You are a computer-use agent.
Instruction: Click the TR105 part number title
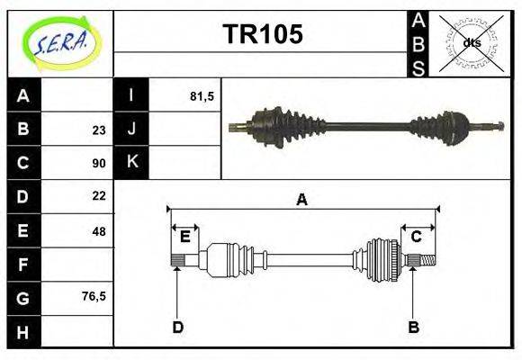pyautogui.click(x=262, y=34)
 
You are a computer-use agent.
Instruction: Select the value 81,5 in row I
pyautogui.click(x=202, y=95)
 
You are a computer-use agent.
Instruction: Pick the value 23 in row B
pyautogui.click(x=98, y=130)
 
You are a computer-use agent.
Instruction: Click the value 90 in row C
pyautogui.click(x=98, y=163)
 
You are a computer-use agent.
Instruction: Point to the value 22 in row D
pyautogui.click(x=98, y=195)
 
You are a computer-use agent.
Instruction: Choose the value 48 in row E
pyautogui.click(x=98, y=230)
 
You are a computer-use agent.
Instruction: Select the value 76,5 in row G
pyautogui.click(x=94, y=294)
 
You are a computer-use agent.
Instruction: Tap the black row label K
pyautogui.click(x=131, y=162)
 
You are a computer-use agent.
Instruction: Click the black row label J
pyautogui.click(x=131, y=129)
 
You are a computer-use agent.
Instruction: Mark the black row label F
pyautogui.click(x=23, y=264)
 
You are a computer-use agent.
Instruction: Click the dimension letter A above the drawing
pyautogui.click(x=302, y=200)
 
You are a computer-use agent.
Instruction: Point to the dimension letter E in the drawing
pyautogui.click(x=184, y=237)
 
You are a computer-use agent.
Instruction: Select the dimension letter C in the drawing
pyautogui.click(x=416, y=237)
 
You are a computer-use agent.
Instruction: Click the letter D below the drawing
pyautogui.click(x=177, y=327)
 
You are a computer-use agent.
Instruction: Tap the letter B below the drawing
pyautogui.click(x=413, y=327)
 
